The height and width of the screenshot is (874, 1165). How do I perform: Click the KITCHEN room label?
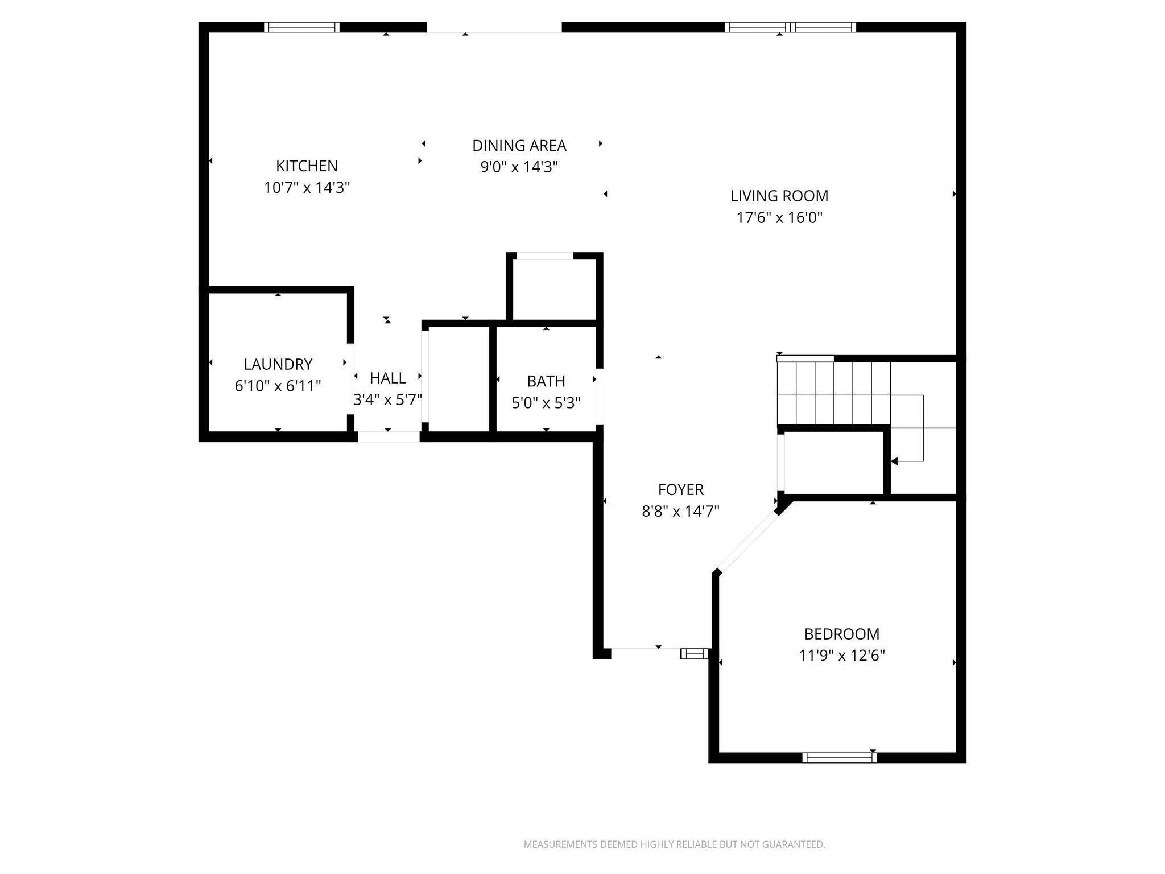click(307, 166)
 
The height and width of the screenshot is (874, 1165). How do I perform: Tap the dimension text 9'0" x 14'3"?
click(519, 167)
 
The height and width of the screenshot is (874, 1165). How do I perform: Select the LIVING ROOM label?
click(779, 196)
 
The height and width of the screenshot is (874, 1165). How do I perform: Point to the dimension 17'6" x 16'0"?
click(779, 217)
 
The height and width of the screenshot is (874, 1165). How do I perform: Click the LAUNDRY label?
click(278, 364)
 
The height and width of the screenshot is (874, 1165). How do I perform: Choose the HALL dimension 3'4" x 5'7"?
click(387, 399)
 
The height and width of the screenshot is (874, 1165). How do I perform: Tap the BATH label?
click(546, 381)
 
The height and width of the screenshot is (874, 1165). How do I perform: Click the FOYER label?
click(680, 489)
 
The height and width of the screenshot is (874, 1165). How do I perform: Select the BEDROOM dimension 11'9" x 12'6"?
click(841, 655)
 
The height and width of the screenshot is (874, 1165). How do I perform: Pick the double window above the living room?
click(790, 27)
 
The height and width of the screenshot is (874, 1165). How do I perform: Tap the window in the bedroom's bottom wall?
click(839, 757)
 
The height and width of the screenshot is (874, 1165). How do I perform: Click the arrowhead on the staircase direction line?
click(894, 461)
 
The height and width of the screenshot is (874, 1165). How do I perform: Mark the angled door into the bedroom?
click(747, 541)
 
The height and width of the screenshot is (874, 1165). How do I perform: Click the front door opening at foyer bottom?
click(646, 653)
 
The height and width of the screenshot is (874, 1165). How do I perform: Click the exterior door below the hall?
click(389, 436)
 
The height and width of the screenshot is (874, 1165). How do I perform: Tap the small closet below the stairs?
click(833, 462)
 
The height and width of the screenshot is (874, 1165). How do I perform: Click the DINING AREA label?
click(519, 146)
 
